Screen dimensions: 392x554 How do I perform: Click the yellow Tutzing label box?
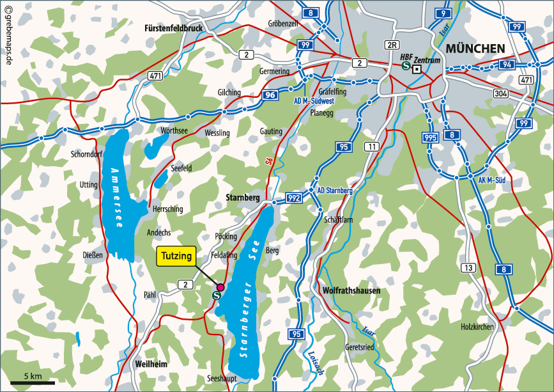[x=176, y=255]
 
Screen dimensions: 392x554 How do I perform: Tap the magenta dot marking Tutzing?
[x=220, y=287]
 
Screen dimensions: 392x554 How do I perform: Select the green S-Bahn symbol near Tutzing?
[x=217, y=295]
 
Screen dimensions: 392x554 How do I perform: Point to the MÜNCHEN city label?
[x=475, y=49]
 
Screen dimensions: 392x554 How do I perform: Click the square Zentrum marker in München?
[x=417, y=69]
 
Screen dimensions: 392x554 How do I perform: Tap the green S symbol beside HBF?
[x=406, y=65]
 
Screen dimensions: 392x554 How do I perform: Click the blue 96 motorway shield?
[x=270, y=95]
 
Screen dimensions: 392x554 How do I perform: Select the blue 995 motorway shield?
[x=429, y=137]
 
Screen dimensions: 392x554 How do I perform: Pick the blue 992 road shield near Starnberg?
[x=294, y=198]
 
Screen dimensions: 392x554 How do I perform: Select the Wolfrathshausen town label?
[x=352, y=291]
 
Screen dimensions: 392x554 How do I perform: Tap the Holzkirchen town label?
[x=477, y=327]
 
